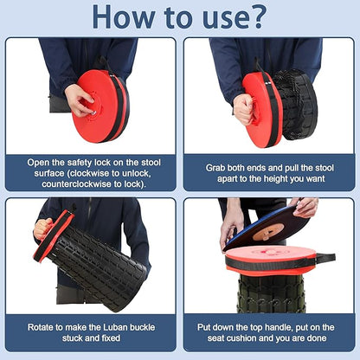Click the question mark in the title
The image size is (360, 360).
pyautogui.click(x=254, y=17)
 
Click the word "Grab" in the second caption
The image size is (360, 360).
pyautogui.click(x=215, y=168)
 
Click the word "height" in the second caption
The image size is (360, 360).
pyautogui.click(x=275, y=179)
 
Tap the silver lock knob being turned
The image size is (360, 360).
pyautogui.click(x=93, y=112)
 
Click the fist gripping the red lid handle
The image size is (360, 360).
pyautogui.click(x=244, y=109)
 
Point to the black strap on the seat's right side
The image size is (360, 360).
pyautogui.click(x=325, y=258)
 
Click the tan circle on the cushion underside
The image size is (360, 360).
pyautogui.click(x=268, y=232)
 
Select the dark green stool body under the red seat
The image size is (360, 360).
pyautogui.click(x=270, y=293)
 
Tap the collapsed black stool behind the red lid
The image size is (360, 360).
pyautogui.click(x=295, y=105)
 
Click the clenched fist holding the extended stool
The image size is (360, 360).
pyautogui.click(x=43, y=228)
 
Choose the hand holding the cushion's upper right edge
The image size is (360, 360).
pyautogui.click(x=305, y=206)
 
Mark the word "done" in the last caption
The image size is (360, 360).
pyautogui.click(x=316, y=338)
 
